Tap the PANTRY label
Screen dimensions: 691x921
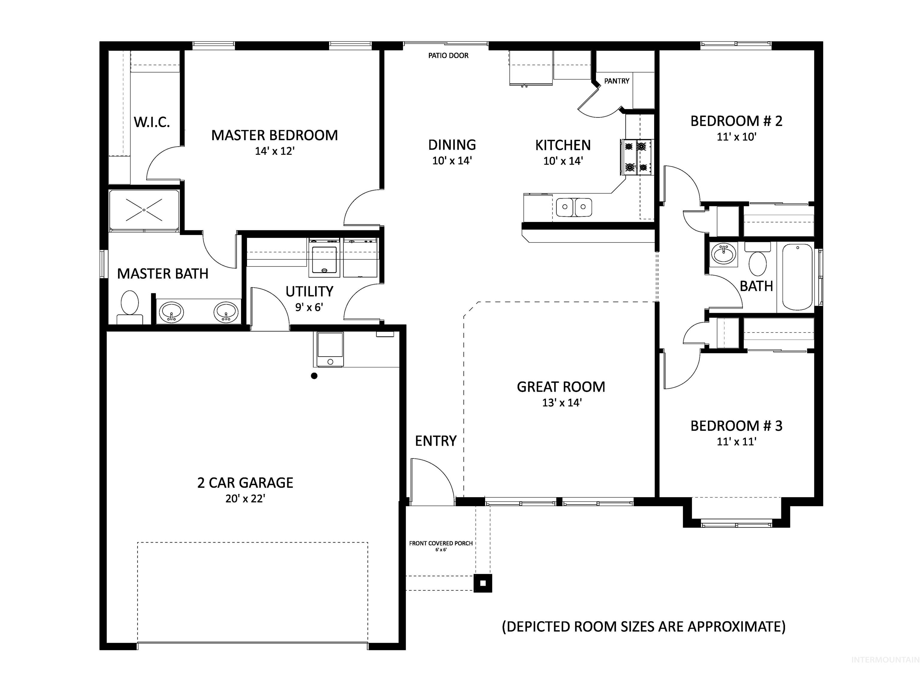click(x=617, y=81)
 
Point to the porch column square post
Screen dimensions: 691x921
click(x=483, y=583)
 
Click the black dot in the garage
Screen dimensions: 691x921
click(x=314, y=376)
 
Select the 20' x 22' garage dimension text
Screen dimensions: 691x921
click(x=245, y=498)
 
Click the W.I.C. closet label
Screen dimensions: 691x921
click(x=152, y=122)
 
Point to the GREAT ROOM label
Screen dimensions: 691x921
click(x=561, y=387)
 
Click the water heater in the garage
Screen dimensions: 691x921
click(x=330, y=349)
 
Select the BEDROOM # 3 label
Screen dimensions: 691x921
click(x=736, y=426)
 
